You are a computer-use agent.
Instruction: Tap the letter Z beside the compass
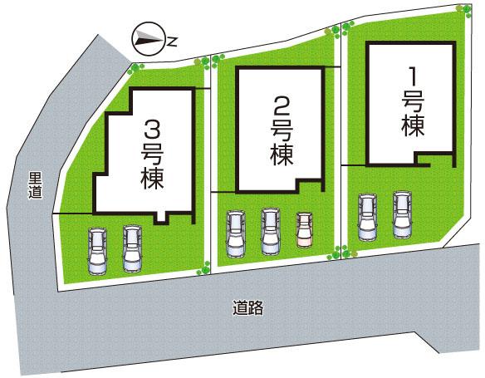tap(172, 38)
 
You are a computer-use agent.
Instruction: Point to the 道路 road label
tap(247, 309)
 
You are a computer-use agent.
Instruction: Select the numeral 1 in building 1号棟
tap(411, 76)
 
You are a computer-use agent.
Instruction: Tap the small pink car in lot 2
tap(305, 229)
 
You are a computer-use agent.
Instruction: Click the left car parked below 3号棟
tap(97, 251)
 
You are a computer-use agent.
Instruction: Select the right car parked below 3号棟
tap(131, 248)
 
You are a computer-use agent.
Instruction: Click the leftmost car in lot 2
tap(236, 233)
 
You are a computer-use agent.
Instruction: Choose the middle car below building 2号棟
tap(270, 231)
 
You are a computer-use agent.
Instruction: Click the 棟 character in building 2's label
tap(282, 154)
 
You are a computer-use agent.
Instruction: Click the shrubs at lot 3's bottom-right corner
tap(201, 268)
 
